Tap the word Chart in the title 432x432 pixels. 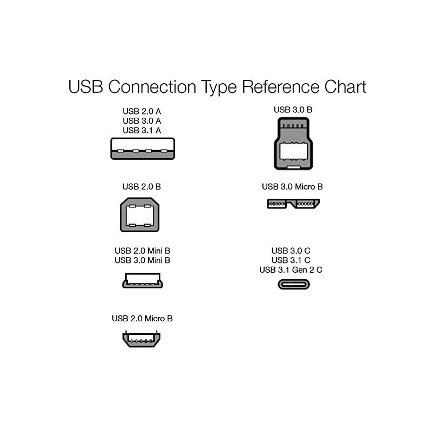344,86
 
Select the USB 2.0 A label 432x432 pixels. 142,112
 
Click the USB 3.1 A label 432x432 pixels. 142,130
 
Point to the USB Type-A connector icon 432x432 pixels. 143,148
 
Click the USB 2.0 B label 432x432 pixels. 142,187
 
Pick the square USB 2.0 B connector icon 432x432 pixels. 139,214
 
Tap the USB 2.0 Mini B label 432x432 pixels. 143,251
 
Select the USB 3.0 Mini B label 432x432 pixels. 143,260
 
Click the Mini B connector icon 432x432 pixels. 143,280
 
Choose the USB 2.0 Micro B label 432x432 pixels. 143,319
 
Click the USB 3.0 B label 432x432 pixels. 293,110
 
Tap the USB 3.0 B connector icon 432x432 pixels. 293,145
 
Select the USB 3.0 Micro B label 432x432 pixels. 293,187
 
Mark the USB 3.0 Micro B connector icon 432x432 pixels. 294,204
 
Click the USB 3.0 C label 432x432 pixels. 291,251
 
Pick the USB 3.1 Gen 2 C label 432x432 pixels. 291,269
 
